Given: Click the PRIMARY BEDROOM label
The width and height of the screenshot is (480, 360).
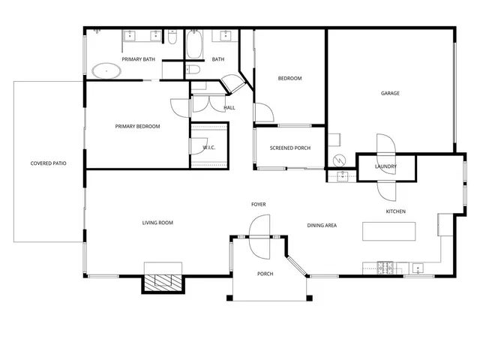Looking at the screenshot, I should coord(137,127).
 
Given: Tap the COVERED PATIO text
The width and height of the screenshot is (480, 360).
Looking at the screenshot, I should coord(48,163).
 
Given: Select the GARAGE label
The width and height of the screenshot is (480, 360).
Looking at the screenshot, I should coord(390,94).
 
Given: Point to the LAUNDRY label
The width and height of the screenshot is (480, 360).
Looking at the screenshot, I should coord(385,166).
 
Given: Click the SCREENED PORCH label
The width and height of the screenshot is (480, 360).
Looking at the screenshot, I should coord(290,148).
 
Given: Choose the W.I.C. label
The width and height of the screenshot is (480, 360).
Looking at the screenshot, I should coord(209,148).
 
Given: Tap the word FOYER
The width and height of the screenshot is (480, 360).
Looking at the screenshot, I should coord(258,204).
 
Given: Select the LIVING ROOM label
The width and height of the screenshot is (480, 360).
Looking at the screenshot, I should coord(158,223).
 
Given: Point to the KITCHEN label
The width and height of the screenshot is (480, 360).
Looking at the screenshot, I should coord(395,211).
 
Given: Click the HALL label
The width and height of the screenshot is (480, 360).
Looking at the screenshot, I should coord(229,108).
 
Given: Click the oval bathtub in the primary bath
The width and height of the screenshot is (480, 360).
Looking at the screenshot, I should coord(107,72).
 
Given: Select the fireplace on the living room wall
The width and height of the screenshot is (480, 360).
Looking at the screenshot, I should coord(163,281).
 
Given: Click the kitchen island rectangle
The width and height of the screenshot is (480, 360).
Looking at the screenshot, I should coord(390,232).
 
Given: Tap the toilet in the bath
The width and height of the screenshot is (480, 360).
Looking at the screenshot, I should coord(193,70).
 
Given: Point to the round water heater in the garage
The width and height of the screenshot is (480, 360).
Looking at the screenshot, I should coord(339,160).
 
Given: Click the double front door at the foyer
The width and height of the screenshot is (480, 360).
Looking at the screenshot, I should coord(258,236).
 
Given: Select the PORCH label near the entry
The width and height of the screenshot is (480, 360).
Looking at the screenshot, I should coord(265,274).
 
